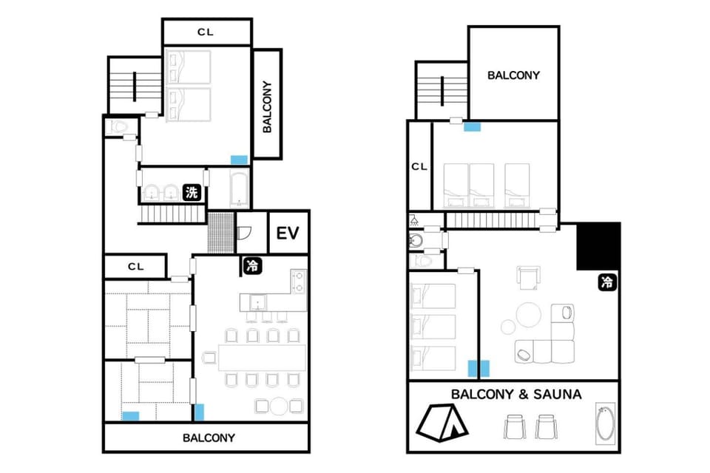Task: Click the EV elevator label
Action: coord(288,234)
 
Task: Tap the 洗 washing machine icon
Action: coord(191,192)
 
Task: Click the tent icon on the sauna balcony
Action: coord(442,422)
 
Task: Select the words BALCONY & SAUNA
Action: coord(516,394)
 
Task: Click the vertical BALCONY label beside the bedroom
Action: coord(267,107)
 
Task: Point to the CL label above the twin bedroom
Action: coord(206,32)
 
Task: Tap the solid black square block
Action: coord(598,247)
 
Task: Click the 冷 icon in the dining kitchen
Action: coord(251,266)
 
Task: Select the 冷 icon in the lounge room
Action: coord(606,282)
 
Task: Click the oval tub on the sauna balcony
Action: coord(605,423)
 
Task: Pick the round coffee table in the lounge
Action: coord(528,315)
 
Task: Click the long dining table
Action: coord(262,358)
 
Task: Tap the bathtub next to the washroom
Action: coord(239,188)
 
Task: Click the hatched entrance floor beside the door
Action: coord(221,233)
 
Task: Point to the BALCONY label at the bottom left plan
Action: coord(209,438)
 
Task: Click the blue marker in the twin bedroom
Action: coord(239,160)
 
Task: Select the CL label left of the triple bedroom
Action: coord(419,166)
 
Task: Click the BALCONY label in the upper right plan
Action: coord(513,75)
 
